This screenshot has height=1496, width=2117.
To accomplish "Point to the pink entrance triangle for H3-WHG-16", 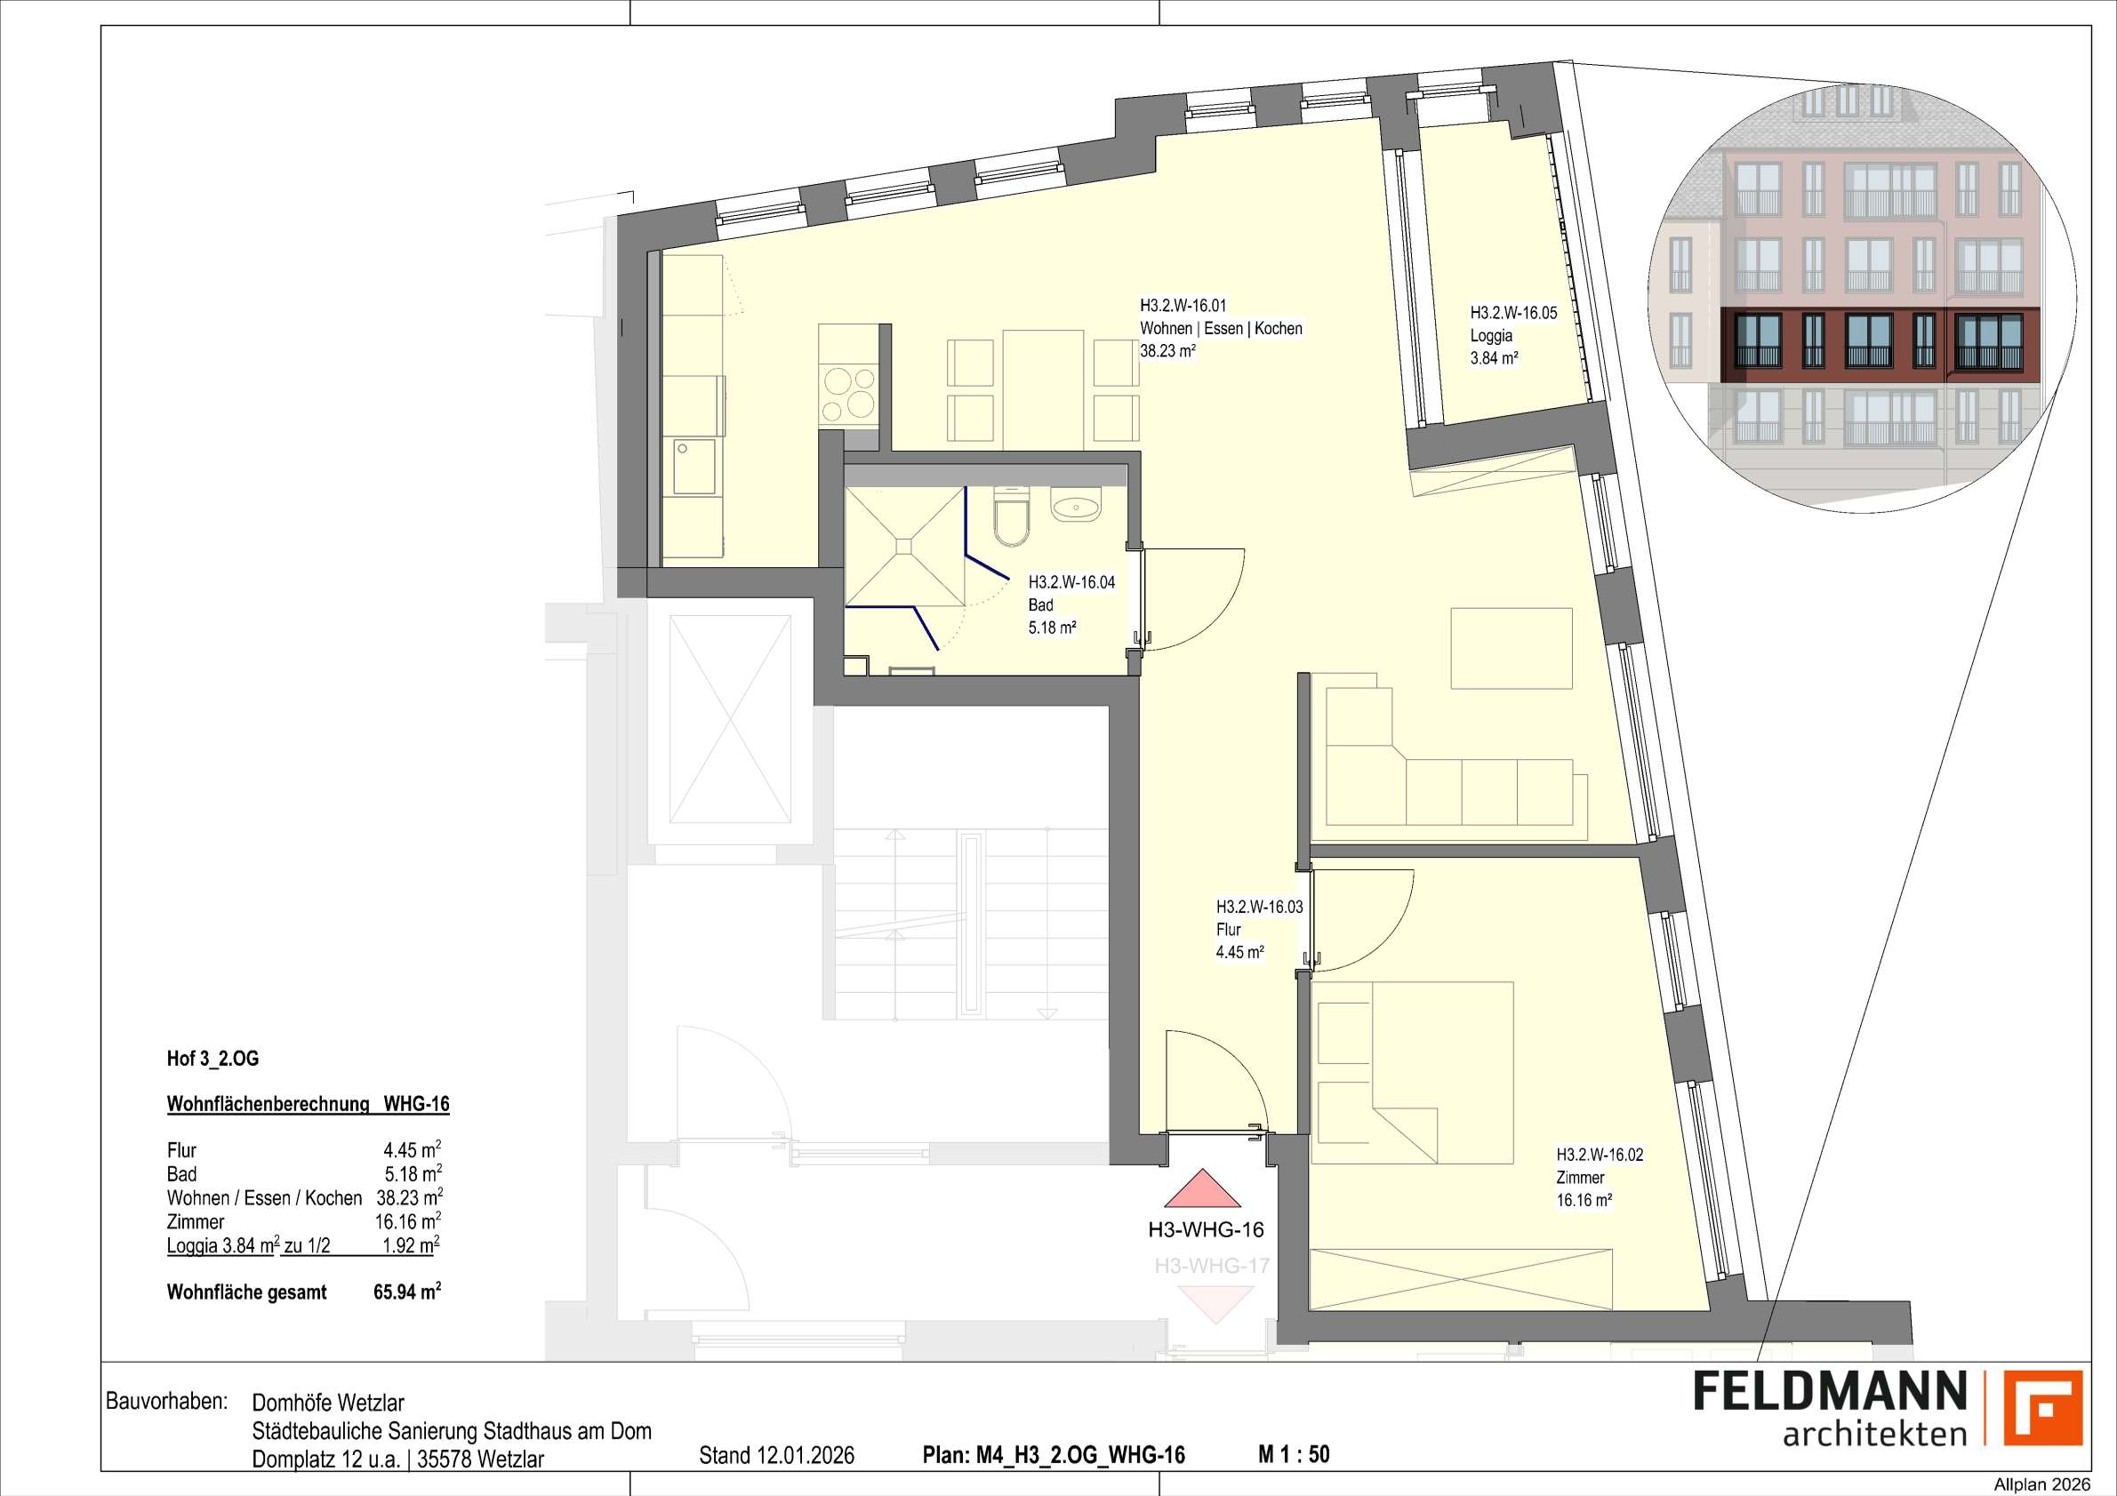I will (x=1202, y=1189).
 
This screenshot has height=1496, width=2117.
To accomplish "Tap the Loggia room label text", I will (x=1491, y=336).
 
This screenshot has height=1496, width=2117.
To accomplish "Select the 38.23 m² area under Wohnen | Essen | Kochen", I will (x=1168, y=351).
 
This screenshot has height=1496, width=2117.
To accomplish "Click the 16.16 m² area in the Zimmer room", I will (x=1584, y=1201).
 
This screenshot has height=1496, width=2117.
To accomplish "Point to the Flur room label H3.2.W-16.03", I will (x=1260, y=907).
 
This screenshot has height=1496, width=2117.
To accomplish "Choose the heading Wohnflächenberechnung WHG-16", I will (x=308, y=1104).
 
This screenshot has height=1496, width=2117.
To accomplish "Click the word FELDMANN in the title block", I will (x=1830, y=1417).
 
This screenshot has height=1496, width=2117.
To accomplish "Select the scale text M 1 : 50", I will (x=1294, y=1455).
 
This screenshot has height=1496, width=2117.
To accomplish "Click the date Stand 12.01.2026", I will (x=776, y=1456).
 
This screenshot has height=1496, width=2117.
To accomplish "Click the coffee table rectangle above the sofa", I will (x=1512, y=648).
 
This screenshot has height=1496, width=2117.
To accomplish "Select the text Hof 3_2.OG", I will (x=213, y=1059).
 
